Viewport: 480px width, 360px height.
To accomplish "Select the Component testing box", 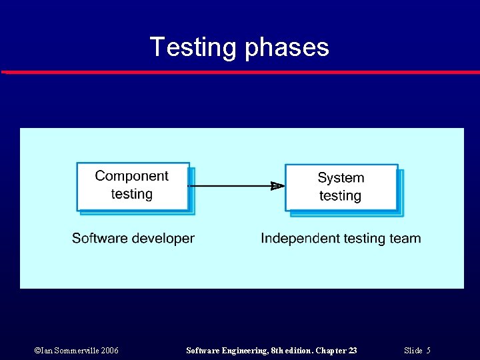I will click(133, 186).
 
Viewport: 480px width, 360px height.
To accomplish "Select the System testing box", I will click(341, 187).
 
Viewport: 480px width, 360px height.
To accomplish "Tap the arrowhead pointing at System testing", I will click(277, 186).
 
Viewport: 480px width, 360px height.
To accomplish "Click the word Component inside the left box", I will click(132, 176).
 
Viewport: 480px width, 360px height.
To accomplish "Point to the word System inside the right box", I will click(341, 178).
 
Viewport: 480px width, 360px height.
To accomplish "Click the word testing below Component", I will click(132, 194).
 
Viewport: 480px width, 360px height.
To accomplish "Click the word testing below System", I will click(340, 196).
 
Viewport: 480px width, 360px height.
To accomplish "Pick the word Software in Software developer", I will click(98, 238).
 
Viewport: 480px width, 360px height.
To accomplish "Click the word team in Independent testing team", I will click(405, 238).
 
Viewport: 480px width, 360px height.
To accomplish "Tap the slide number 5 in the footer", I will click(428, 351).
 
